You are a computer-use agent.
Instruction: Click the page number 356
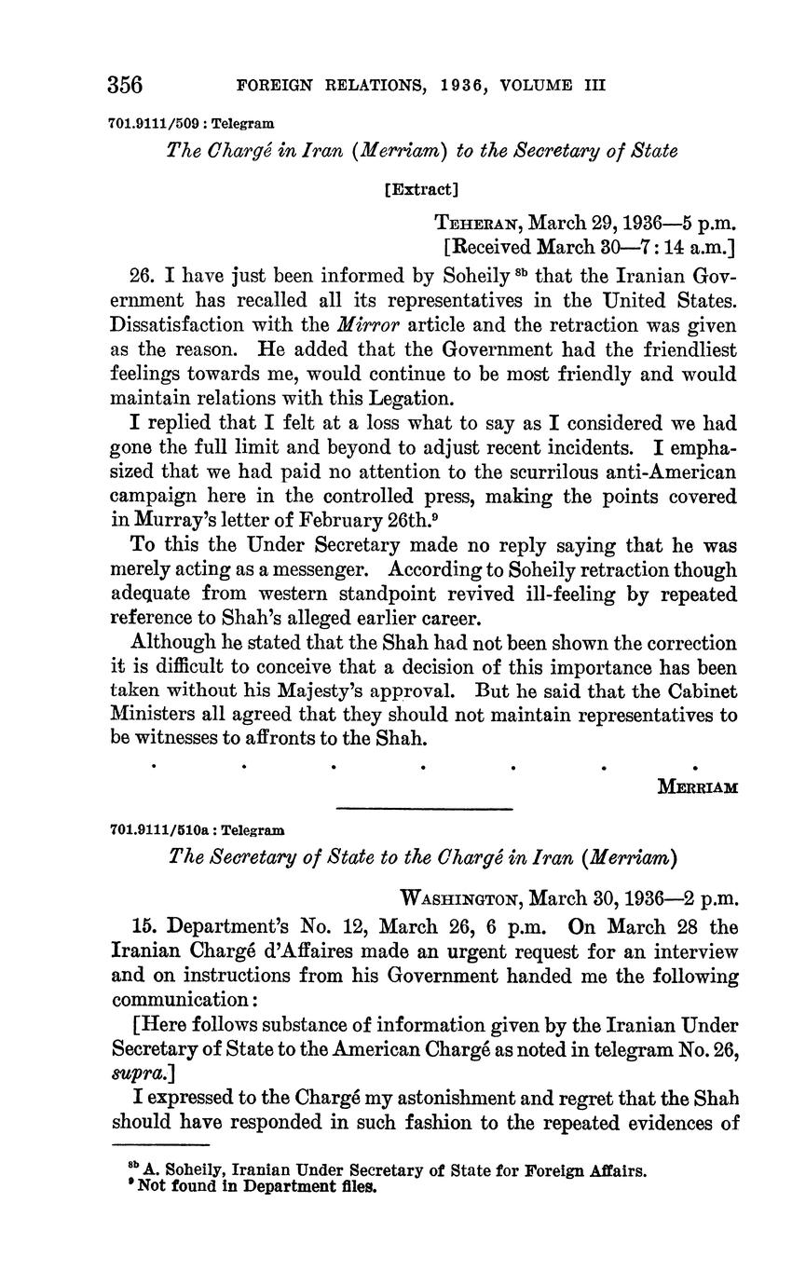(125, 85)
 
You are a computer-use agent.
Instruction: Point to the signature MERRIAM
(698, 787)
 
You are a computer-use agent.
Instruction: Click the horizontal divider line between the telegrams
(424, 808)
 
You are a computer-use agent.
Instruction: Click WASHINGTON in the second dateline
(458, 899)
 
